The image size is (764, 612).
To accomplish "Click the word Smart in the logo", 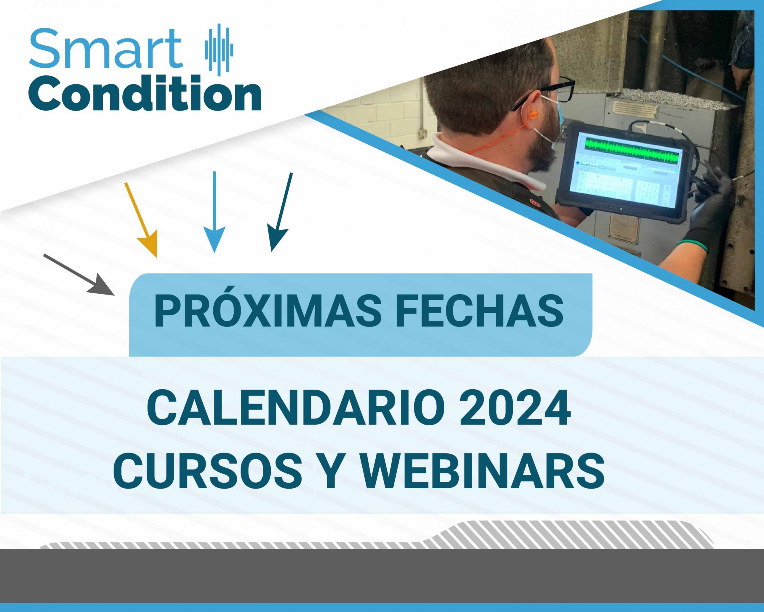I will (x=106, y=49).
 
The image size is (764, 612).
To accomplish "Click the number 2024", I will (x=515, y=410).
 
